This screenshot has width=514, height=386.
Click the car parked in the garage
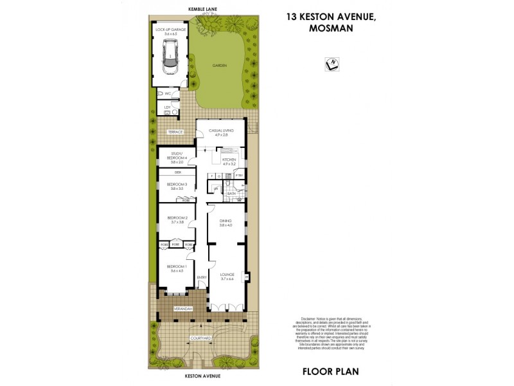170,56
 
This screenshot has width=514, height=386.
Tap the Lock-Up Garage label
169,30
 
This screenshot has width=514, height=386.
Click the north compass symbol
333,64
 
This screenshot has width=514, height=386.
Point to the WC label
168,94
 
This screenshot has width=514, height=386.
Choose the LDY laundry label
167,107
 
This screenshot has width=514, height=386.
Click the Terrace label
175,132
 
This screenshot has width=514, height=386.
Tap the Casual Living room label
220,131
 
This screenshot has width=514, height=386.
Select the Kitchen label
229,159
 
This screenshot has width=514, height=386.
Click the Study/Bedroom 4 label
177,156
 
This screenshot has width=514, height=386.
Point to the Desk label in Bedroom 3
178,172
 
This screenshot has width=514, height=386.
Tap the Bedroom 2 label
177,218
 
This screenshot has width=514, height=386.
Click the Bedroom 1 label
177,266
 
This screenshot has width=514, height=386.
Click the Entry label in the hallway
202,278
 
